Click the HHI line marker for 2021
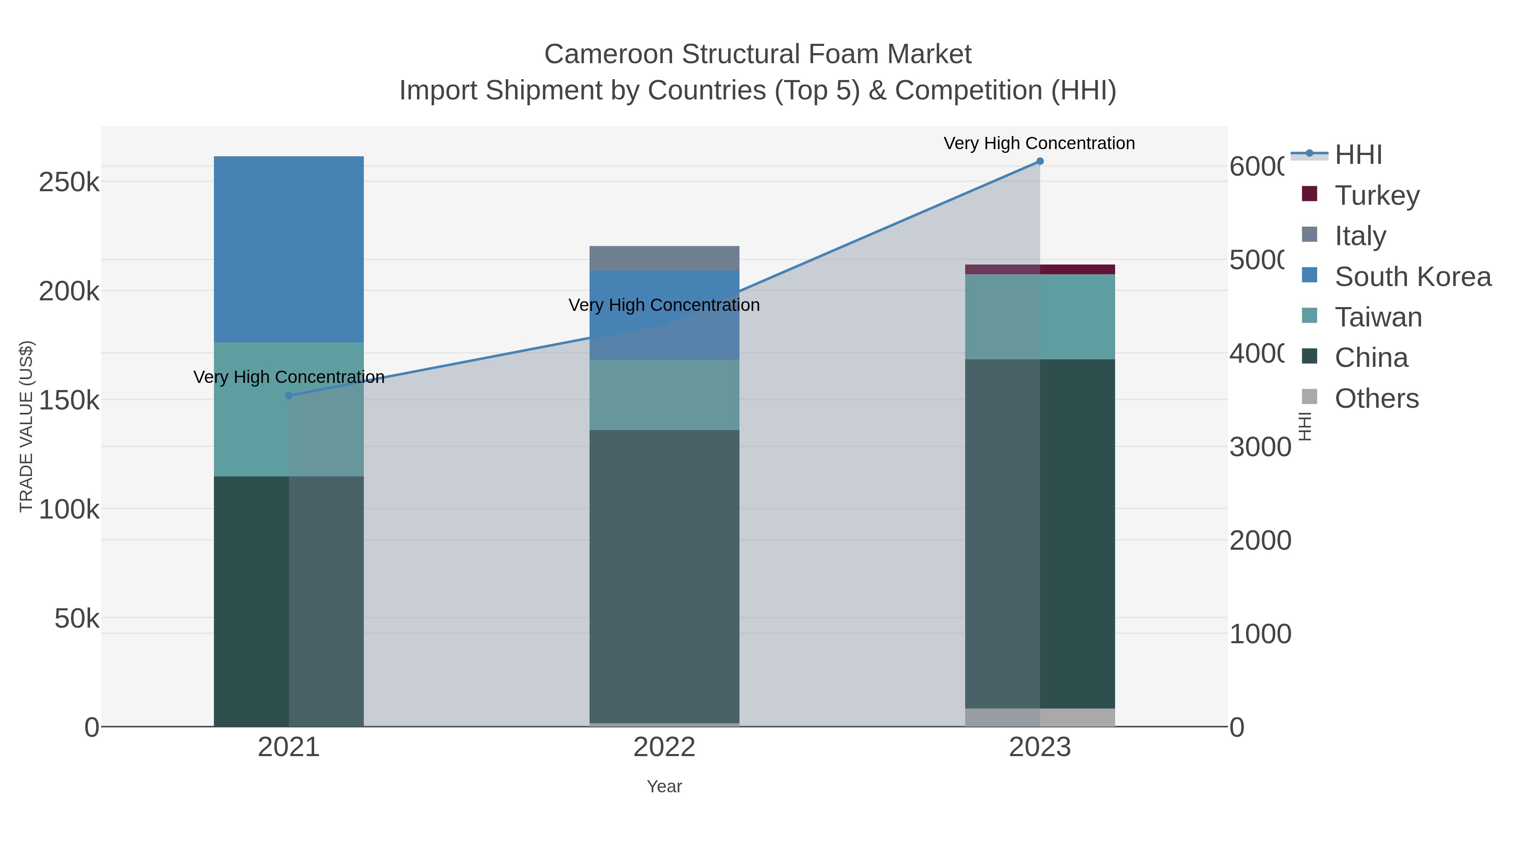pos(288,396)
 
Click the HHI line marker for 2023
pos(1040,161)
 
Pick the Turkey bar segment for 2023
pos(1040,270)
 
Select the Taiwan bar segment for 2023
pos(1040,317)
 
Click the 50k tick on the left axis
pos(77,618)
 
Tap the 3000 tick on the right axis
pos(1260,447)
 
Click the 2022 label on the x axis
pos(665,747)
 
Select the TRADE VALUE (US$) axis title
pos(26,426)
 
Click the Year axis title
pos(665,786)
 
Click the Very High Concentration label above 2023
pos(1039,143)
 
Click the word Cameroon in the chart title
pos(609,54)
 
